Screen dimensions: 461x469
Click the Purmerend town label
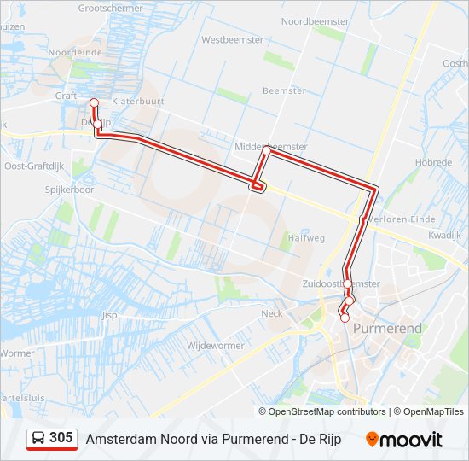388,328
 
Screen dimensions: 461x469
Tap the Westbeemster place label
229,39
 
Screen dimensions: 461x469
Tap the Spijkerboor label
69,190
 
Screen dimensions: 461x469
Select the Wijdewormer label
215,346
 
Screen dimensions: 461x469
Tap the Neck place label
272,313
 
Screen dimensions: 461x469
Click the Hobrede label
433,162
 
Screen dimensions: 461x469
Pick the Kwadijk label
444,234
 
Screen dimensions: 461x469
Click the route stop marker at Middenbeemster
267,150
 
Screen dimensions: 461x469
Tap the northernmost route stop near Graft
94,103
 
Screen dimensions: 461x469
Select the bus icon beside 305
38,438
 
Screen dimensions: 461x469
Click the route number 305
61,437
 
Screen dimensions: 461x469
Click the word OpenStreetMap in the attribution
315,411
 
